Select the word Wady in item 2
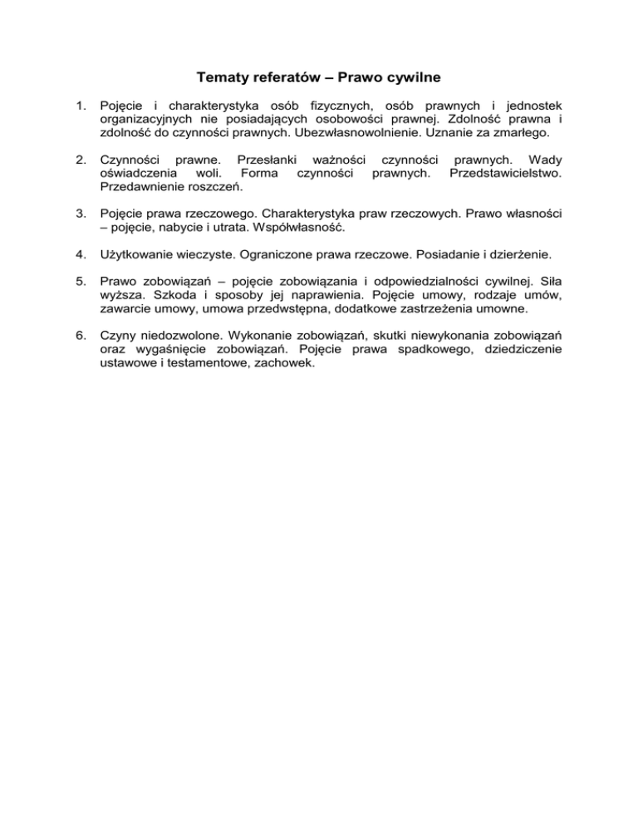click(544, 160)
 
